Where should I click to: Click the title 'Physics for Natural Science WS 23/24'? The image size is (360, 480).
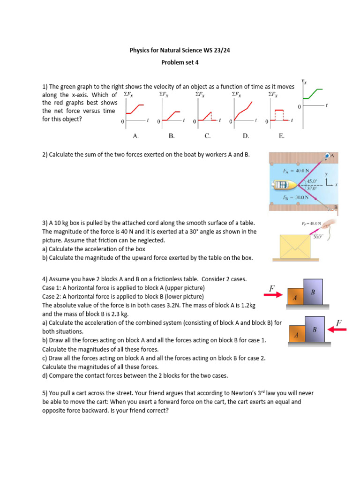coord(180,50)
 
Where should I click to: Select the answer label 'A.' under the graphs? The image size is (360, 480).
coord(135,136)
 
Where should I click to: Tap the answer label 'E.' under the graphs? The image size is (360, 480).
coord(281,136)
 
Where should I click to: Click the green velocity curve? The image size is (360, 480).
coord(313,94)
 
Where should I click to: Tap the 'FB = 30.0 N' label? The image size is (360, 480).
coord(296,197)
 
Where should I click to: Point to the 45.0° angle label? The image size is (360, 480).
coord(312,181)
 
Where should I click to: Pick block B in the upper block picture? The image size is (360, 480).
coord(313,292)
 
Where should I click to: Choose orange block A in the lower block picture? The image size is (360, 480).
coord(296,335)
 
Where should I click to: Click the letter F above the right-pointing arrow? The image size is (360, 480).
coord(272,287)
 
